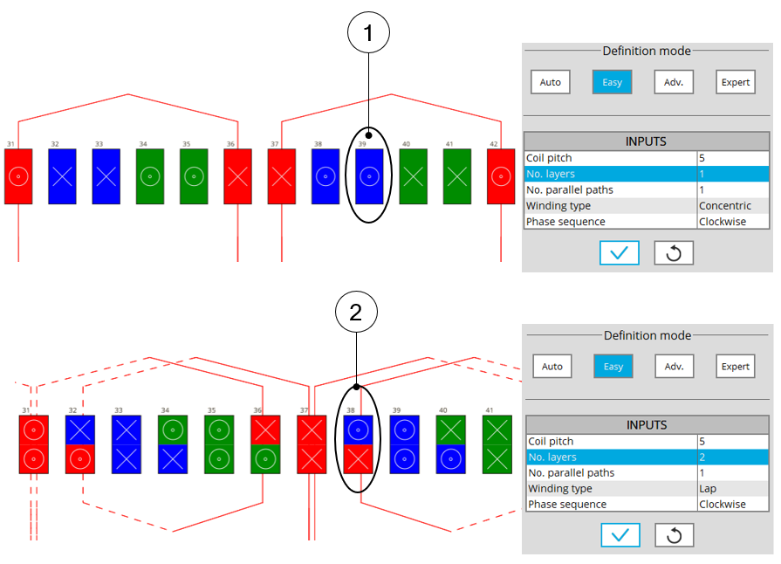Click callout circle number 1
(368, 34)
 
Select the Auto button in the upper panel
(551, 82)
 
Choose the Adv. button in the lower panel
(674, 367)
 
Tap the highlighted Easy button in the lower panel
(613, 367)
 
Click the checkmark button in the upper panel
(620, 252)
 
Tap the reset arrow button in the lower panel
(674, 535)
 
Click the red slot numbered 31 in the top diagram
(18, 176)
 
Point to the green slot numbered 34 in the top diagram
(150, 176)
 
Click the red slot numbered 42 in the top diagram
(501, 176)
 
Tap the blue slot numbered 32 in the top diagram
(62, 176)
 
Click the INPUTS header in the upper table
(647, 141)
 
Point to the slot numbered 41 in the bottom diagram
(497, 444)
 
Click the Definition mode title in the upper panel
(647, 52)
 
